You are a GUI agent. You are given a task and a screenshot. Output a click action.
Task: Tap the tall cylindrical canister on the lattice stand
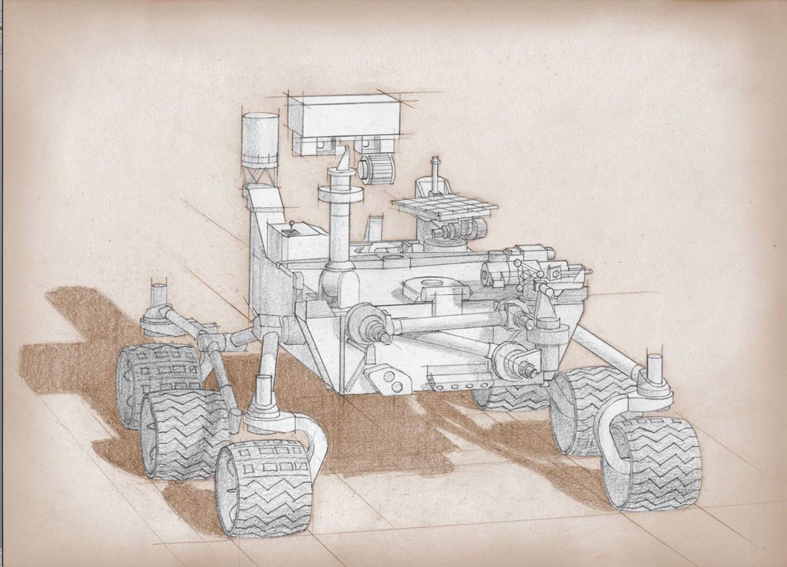pos(259,138)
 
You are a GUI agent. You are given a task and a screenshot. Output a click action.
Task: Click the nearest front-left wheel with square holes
pos(264,486)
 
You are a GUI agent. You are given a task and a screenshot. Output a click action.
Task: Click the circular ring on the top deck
pos(432,284)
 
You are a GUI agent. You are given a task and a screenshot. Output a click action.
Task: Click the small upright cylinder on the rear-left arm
pos(159,293)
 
